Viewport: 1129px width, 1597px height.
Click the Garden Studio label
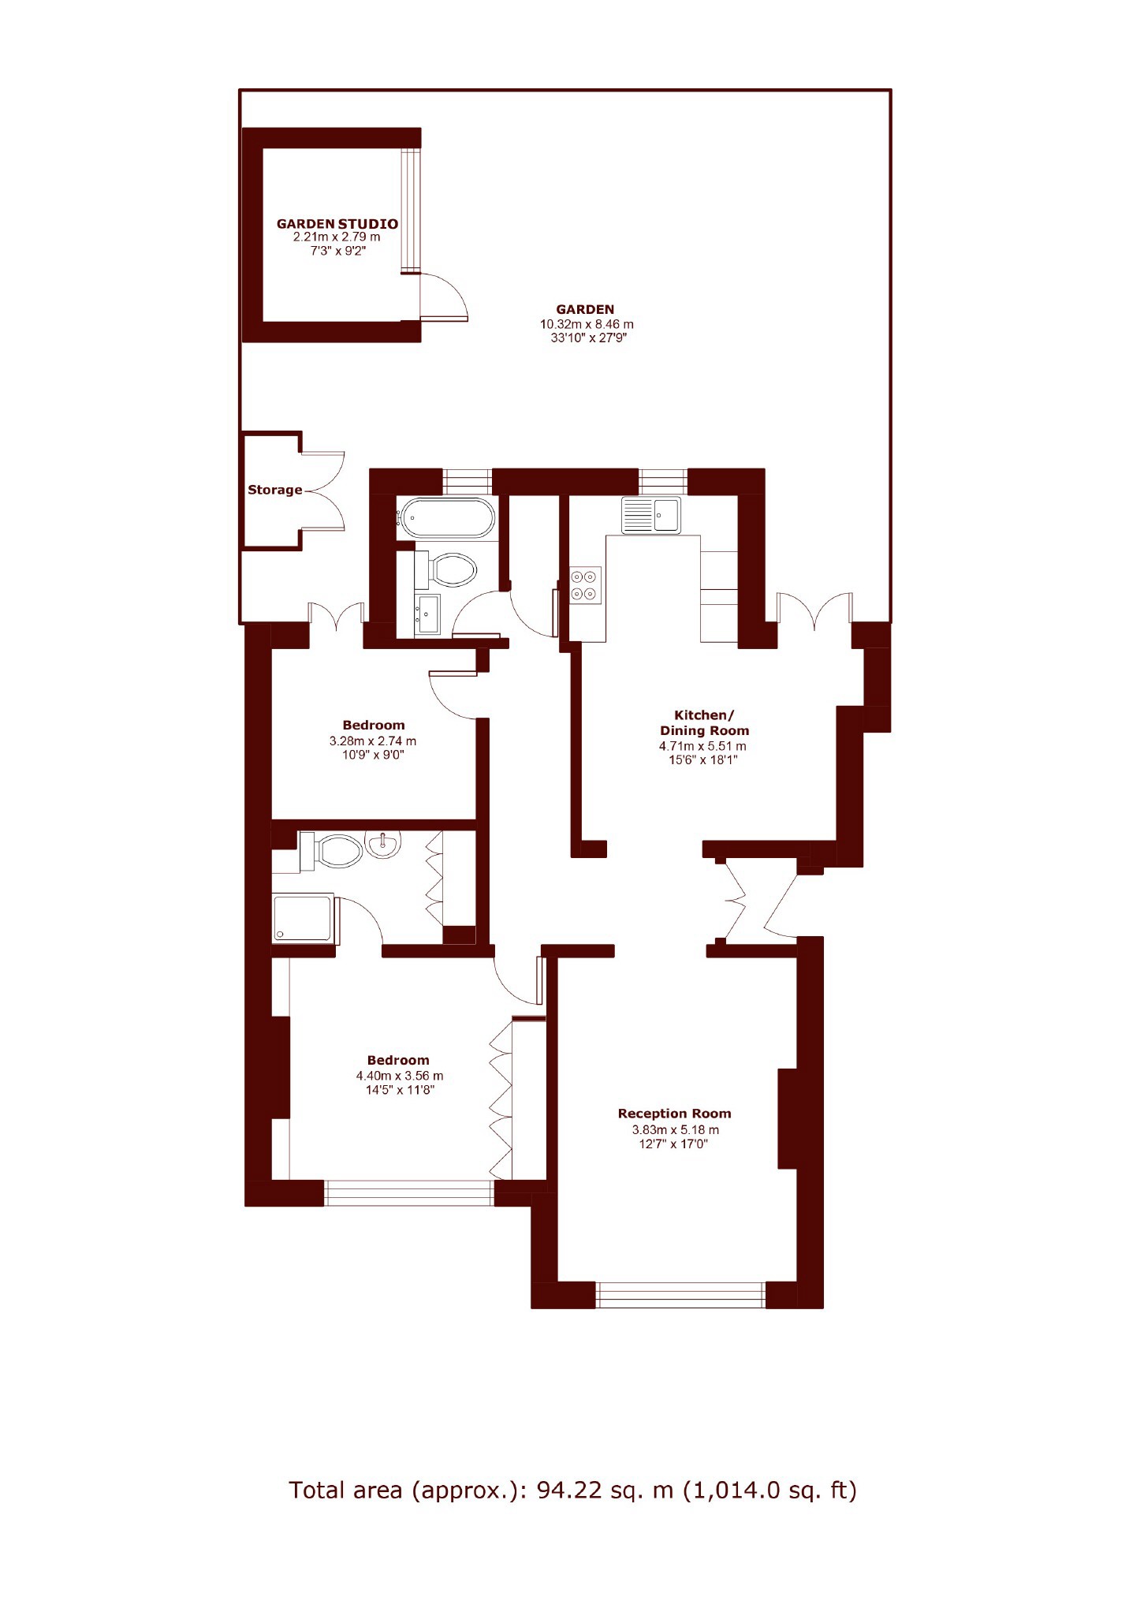[337, 224]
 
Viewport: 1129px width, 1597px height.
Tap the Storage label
[274, 490]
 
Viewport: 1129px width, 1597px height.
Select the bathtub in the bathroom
[446, 518]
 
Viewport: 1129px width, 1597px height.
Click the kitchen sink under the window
[650, 515]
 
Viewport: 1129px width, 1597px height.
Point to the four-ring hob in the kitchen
[586, 585]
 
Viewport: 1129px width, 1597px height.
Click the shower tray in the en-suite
[303, 918]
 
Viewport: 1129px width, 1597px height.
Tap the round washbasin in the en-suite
[383, 845]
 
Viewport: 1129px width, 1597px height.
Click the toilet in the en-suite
[331, 851]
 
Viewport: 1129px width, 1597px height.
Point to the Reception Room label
[674, 1114]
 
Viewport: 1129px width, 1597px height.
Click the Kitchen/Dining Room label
[704, 723]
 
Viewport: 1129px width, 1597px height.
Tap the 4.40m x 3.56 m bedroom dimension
[399, 1076]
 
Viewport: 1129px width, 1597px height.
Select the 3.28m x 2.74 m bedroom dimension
[373, 741]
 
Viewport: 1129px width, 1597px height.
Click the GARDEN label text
[585, 310]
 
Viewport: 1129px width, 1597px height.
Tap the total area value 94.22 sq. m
[605, 1491]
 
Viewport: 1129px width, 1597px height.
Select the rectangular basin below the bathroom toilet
[429, 614]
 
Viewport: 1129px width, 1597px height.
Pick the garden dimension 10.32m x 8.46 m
[587, 324]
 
